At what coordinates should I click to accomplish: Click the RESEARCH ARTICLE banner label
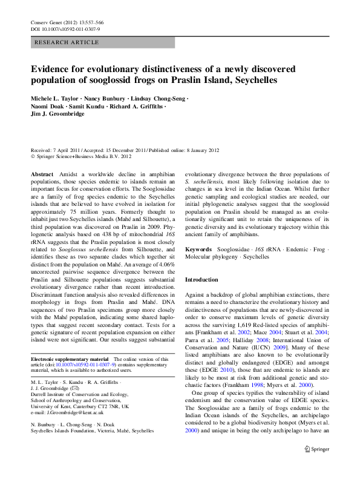click(67, 42)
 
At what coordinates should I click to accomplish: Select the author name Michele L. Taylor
click(54, 97)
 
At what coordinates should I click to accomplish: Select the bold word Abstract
click(42, 174)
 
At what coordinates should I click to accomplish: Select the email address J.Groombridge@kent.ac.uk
click(63, 412)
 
